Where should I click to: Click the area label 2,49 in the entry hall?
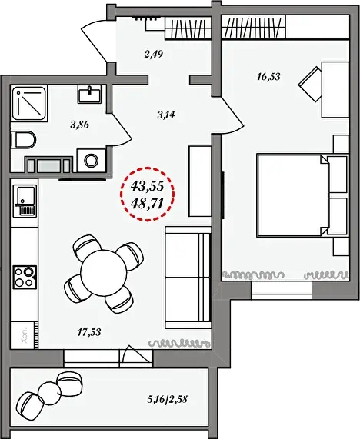click(x=154, y=54)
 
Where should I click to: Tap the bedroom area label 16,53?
click(x=268, y=76)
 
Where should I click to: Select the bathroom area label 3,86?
click(x=80, y=125)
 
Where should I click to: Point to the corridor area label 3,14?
click(x=166, y=115)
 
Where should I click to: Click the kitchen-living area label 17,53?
click(x=89, y=332)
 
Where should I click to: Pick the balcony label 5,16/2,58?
click(x=167, y=399)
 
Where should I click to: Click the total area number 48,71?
click(x=147, y=203)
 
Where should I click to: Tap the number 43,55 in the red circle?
click(x=147, y=185)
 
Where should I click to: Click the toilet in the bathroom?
click(x=23, y=140)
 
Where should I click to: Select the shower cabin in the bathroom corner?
click(x=29, y=104)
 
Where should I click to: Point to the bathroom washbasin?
click(x=90, y=94)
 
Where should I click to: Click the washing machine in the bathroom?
click(x=92, y=161)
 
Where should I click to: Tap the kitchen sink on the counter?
click(x=25, y=201)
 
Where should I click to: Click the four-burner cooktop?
click(x=25, y=278)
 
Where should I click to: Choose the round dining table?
click(x=104, y=273)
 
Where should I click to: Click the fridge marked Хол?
click(x=25, y=335)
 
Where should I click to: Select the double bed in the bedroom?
click(x=293, y=195)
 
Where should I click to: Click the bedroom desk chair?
click(x=310, y=84)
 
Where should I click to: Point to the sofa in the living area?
click(x=188, y=278)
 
